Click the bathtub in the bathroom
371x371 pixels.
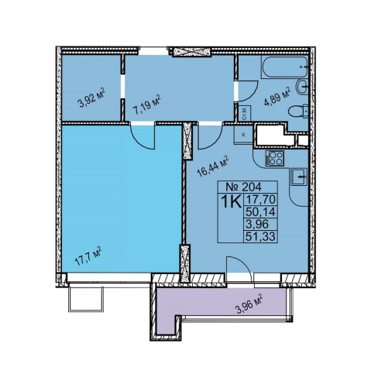tap(285, 67)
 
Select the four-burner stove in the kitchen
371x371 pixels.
tap(274, 158)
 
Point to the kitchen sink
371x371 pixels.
tap(299, 177)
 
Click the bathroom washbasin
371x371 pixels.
tap(302, 87)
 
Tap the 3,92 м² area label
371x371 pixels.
tap(92, 98)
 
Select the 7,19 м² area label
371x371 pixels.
tap(146, 105)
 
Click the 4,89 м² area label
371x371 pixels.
tap(277, 96)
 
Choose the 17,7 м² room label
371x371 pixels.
tap(88, 256)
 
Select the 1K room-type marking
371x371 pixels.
tap(232, 201)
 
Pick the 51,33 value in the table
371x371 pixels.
tap(260, 236)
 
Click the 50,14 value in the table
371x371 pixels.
tap(260, 211)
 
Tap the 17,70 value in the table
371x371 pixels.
tap(260, 199)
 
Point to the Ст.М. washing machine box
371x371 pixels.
tap(244, 113)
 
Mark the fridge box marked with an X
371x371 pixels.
tap(243, 134)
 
